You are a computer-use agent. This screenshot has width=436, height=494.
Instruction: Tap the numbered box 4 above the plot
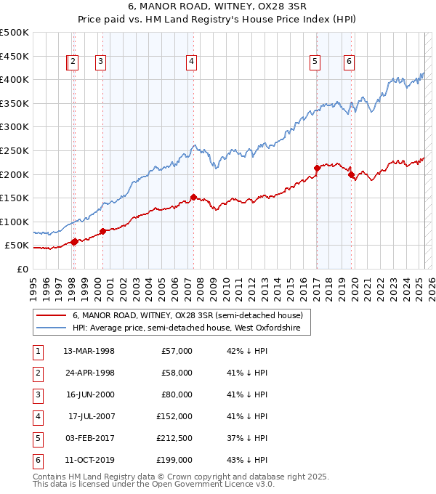tap(191, 62)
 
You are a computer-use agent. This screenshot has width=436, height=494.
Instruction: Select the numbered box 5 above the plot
tap(315, 62)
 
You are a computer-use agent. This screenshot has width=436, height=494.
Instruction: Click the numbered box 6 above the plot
tap(350, 62)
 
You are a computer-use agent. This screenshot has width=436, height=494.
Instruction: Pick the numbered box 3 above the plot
tap(100, 62)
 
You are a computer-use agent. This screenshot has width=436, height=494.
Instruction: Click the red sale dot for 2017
tap(317, 169)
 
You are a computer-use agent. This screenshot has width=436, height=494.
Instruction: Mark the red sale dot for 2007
tap(193, 197)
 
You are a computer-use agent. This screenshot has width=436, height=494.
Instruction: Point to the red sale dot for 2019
tap(351, 174)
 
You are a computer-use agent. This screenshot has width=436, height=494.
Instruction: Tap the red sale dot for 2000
tap(102, 231)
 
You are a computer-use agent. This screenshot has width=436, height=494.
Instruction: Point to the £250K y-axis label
tap(15, 150)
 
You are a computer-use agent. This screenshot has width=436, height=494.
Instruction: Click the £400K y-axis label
tap(15, 79)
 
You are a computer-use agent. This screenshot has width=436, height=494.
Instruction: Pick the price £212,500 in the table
tap(174, 438)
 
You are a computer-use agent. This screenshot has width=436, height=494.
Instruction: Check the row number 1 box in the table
tap(36, 351)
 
